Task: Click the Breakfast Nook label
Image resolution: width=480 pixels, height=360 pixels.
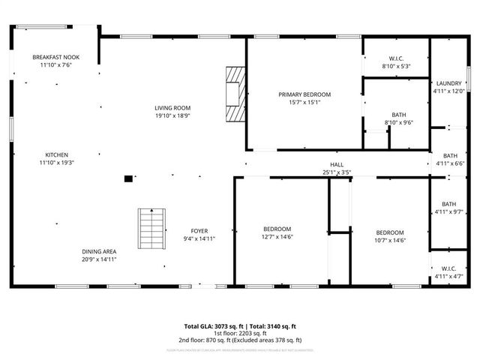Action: point(56,58)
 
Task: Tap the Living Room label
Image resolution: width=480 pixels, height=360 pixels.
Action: point(172,108)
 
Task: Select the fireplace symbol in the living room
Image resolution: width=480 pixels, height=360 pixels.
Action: point(236,94)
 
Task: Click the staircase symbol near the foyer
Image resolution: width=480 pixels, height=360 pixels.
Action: point(151,229)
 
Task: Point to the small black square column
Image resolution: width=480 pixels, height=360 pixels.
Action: point(128,178)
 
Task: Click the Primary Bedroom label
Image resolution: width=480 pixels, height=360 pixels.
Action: point(304,94)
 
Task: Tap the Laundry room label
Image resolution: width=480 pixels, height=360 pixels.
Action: point(448,83)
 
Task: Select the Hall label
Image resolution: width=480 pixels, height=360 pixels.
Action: point(337,165)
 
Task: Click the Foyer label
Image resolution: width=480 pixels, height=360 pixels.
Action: point(199,231)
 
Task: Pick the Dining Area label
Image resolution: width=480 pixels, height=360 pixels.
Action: point(99,251)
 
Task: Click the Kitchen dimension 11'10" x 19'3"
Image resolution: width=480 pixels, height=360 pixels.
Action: point(56,162)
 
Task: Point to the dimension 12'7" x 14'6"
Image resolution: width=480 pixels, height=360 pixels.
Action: point(277,237)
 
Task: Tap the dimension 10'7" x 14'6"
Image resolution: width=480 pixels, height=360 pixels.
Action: point(390,240)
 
